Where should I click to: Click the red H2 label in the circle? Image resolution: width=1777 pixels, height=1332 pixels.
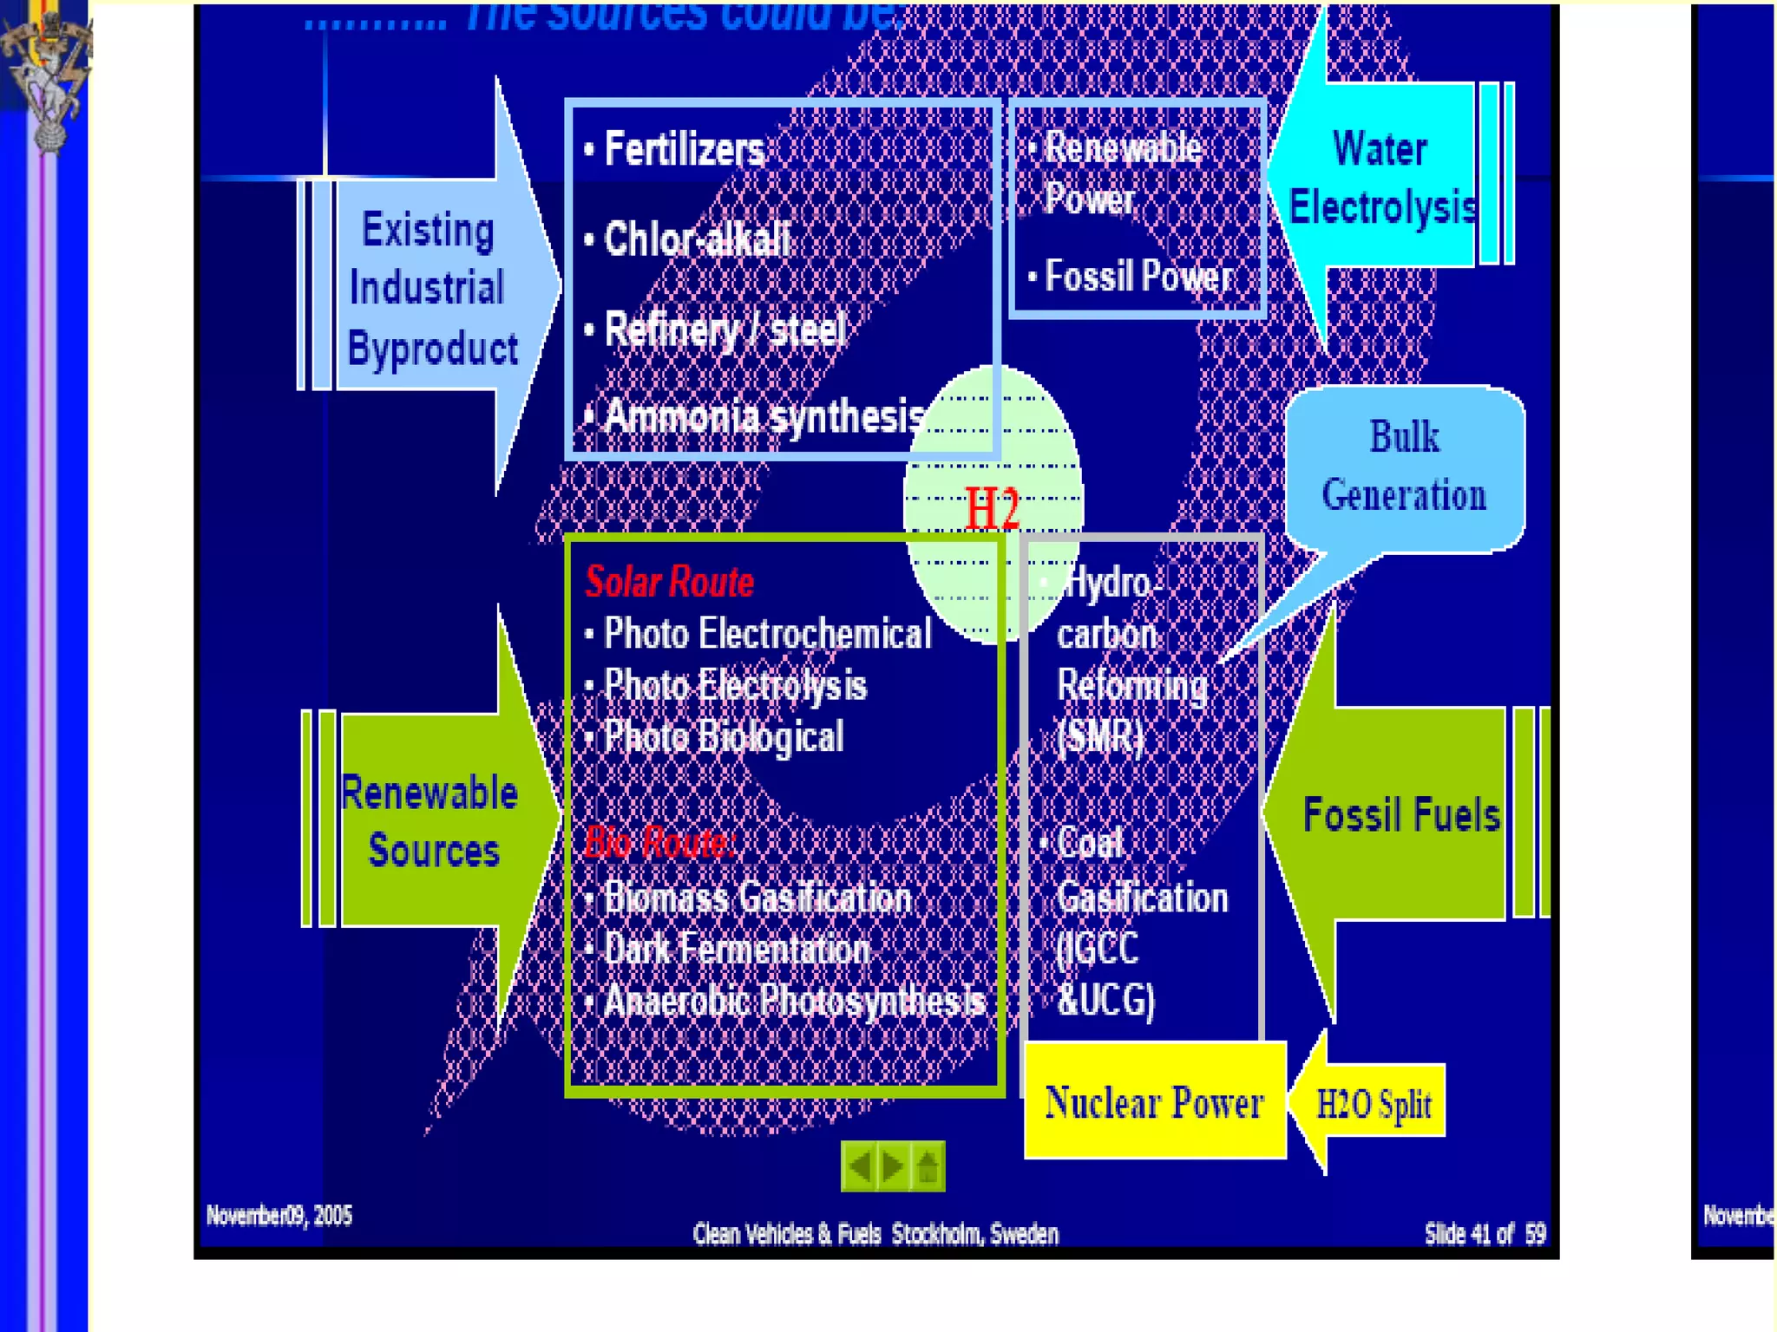[992, 508]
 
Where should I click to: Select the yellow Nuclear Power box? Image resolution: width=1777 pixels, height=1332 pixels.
[1154, 1103]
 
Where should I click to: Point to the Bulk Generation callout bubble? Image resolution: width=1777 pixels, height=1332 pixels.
[1404, 467]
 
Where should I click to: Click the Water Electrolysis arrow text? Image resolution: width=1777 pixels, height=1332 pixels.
[1381, 178]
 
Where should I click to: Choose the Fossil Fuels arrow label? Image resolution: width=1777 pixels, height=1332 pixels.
[1401, 815]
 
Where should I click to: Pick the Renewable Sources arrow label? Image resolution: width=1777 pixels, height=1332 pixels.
[430, 820]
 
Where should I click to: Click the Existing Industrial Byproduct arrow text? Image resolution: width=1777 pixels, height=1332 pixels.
[430, 288]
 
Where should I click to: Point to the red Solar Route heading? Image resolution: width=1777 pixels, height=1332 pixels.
[669, 582]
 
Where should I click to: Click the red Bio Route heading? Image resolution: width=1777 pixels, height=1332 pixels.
[659, 842]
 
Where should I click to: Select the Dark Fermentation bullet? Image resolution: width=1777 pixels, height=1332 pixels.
[737, 950]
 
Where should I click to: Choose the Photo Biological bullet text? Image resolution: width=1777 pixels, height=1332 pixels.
[723, 737]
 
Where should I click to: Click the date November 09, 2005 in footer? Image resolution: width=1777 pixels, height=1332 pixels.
[279, 1216]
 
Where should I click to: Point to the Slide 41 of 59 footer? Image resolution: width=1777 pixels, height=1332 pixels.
[1485, 1233]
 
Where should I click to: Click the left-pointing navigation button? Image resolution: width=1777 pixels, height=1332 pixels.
[860, 1166]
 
